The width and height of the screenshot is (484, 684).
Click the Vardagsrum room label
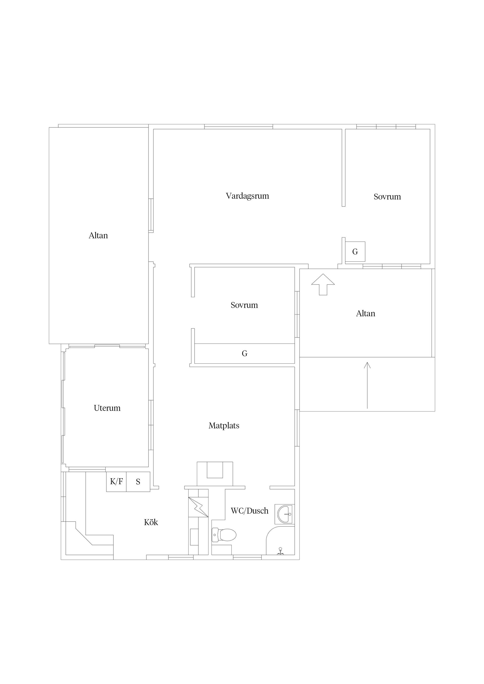(247, 196)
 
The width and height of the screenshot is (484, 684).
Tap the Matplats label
(224, 426)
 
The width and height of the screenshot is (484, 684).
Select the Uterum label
(107, 408)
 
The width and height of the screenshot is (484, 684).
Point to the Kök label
(151, 522)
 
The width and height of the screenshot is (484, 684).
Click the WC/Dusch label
(250, 511)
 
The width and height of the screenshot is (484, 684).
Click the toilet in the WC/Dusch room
(224, 535)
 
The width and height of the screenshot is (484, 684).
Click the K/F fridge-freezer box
(116, 482)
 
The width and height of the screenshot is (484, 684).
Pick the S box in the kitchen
(138, 482)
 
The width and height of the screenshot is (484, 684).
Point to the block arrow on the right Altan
(323, 285)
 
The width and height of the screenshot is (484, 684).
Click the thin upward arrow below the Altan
(367, 385)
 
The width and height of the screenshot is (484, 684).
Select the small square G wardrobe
(355, 252)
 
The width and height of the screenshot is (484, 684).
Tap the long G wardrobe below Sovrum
(245, 354)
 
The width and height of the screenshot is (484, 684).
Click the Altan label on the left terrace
(98, 236)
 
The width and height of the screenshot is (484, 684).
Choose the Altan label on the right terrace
(366, 313)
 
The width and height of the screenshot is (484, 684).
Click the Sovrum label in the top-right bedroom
(387, 197)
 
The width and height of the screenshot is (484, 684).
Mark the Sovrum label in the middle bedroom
(244, 305)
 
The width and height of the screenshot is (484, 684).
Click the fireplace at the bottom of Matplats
(215, 474)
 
